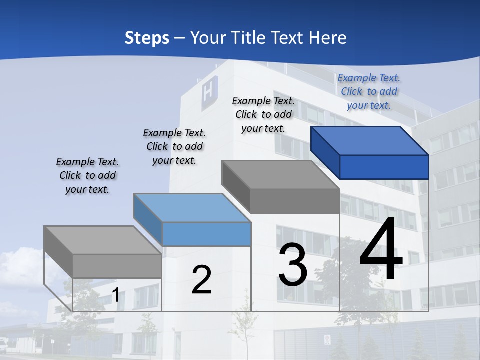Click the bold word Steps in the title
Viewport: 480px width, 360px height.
(147, 38)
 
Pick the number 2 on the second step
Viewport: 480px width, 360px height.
(201, 280)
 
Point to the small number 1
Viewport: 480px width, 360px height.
(116, 295)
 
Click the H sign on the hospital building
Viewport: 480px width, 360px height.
(207, 93)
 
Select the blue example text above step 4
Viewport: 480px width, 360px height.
(369, 91)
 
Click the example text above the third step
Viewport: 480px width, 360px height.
(263, 114)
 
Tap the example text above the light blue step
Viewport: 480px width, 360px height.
(174, 146)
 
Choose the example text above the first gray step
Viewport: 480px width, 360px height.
(87, 175)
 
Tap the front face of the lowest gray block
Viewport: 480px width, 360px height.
(117, 266)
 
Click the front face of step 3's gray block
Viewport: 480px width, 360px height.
(294, 201)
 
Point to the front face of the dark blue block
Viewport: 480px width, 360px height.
(384, 167)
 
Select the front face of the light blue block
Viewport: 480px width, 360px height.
(206, 234)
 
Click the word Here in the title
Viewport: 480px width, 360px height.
(328, 38)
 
